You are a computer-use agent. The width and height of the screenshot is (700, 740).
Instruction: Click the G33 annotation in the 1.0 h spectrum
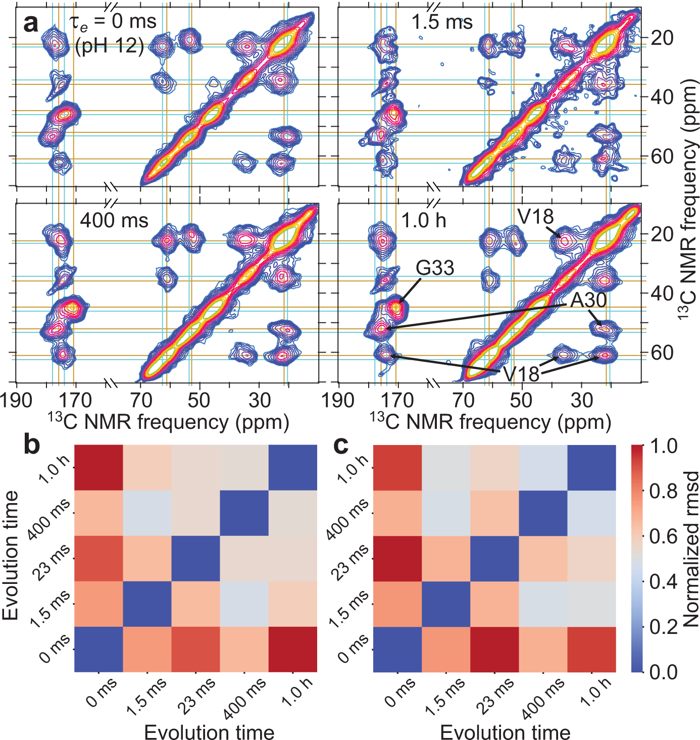point(435,268)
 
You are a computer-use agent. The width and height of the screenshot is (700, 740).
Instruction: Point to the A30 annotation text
point(588,300)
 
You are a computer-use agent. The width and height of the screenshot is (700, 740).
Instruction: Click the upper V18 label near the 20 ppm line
point(535,217)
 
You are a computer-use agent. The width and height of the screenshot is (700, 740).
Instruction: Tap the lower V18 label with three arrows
point(521,374)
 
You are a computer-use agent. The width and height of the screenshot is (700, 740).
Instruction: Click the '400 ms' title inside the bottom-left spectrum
point(114,220)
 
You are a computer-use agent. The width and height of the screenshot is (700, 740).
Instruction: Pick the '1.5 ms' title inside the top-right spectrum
point(442,22)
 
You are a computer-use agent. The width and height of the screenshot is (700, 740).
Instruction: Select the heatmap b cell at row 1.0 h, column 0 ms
point(99,467)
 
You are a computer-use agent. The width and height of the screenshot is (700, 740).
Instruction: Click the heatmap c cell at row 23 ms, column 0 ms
point(397,558)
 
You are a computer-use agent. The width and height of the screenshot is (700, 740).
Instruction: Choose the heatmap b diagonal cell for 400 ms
point(244,513)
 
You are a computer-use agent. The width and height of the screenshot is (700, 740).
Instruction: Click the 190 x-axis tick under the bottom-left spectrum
point(17,401)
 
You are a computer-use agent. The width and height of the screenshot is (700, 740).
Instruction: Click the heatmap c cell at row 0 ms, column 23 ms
point(494,649)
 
